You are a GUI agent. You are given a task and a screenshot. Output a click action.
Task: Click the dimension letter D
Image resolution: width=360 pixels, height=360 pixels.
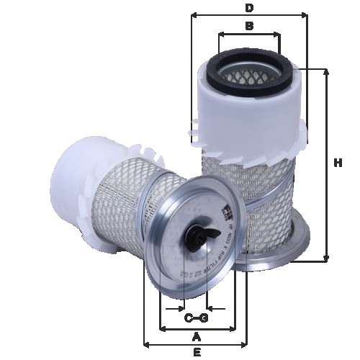[249, 8]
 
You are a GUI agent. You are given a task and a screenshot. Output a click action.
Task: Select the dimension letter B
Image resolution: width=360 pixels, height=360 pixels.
[249, 27]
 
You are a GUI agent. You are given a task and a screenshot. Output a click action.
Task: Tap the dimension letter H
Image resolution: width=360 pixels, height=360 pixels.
[338, 163]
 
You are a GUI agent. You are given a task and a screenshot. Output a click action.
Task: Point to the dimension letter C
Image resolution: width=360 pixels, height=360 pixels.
[188, 318]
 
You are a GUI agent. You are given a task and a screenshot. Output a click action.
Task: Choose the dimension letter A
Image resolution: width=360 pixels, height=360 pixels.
[195, 336]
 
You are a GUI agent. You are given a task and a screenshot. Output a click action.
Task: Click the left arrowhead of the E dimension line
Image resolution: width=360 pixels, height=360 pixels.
[147, 343]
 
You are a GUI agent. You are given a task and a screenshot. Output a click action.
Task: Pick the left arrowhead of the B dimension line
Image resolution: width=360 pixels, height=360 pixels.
[220, 33]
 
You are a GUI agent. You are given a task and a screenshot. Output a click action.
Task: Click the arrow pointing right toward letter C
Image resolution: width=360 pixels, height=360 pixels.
[179, 308]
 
